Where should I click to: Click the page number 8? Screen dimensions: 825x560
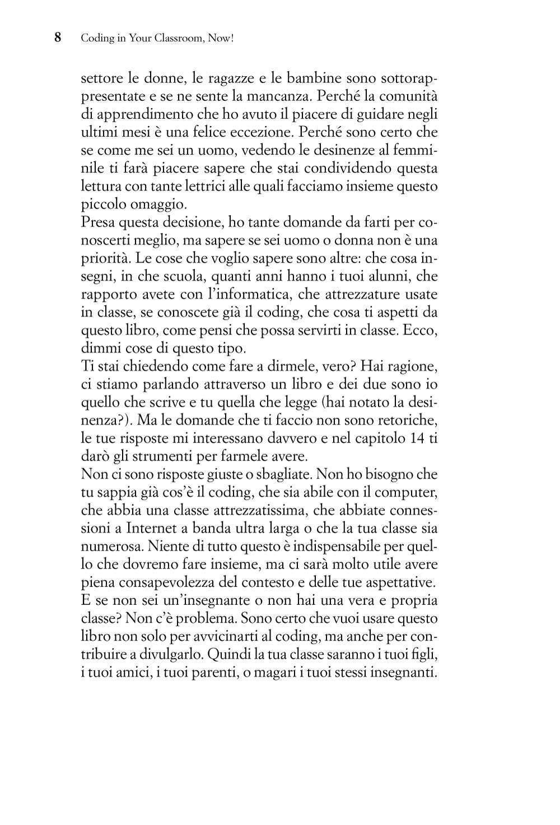click(57, 38)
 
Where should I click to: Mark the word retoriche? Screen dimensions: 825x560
click(408, 420)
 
